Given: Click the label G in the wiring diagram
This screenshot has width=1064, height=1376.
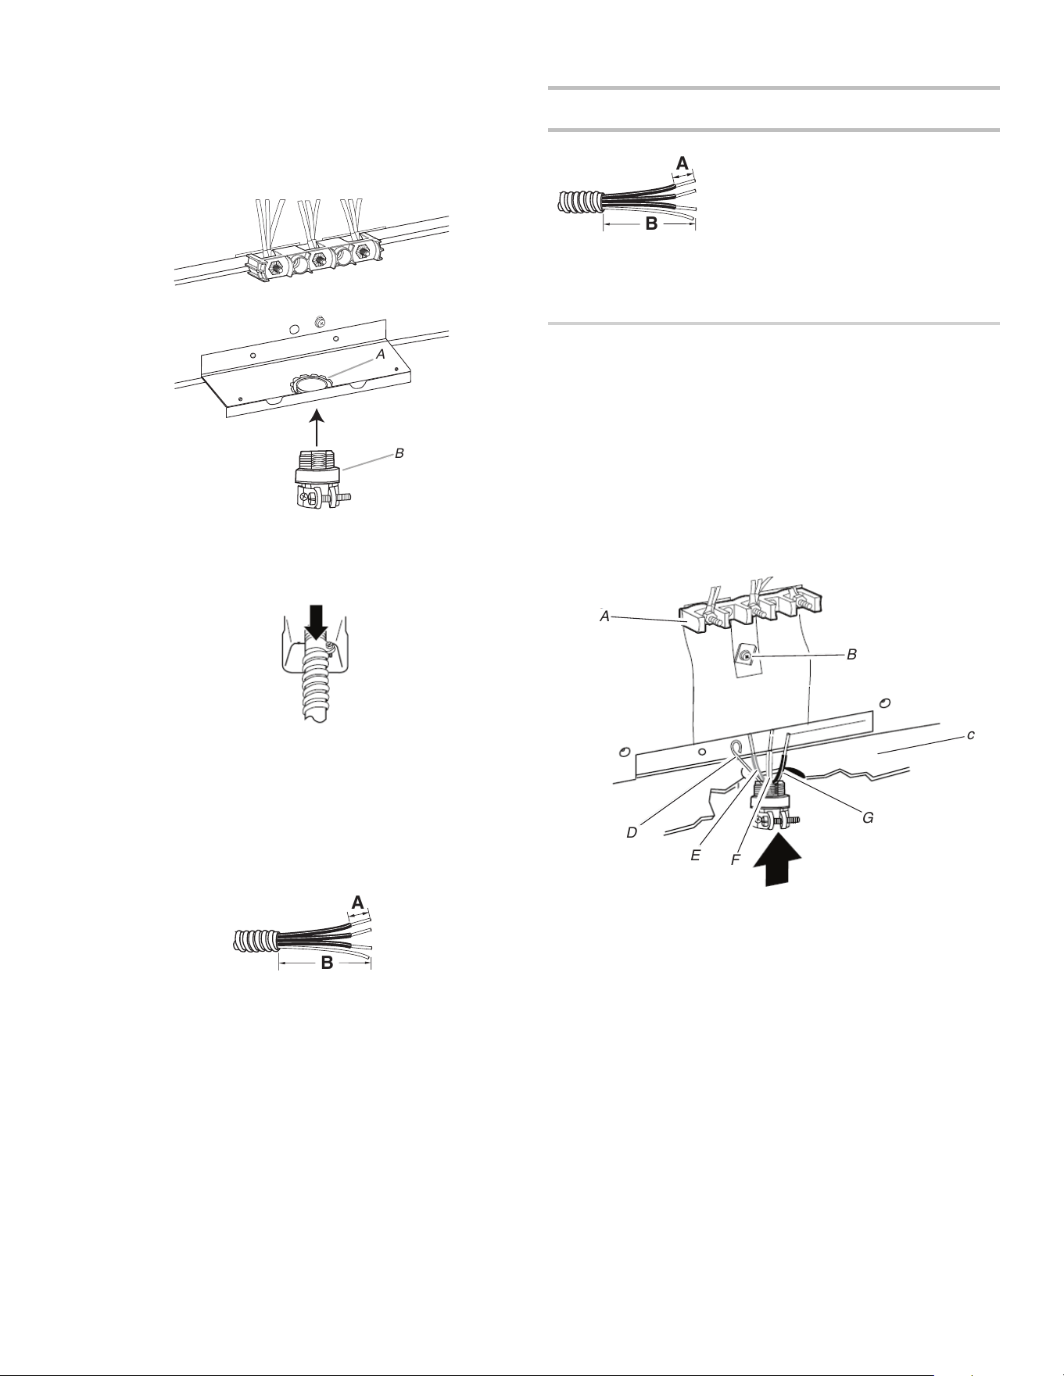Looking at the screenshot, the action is [868, 818].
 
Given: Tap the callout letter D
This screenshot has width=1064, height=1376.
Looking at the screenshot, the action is [632, 834].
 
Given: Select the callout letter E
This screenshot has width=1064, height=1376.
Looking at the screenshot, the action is [695, 856].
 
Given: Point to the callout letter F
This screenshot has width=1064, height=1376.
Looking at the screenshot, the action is [736, 860].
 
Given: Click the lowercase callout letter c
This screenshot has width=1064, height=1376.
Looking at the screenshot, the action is [970, 735].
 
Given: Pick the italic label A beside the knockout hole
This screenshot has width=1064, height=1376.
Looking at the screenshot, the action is [381, 354].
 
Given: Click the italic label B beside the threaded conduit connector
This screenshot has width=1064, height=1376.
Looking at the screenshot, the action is [399, 453].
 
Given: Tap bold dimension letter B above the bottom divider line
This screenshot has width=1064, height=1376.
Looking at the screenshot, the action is [651, 224].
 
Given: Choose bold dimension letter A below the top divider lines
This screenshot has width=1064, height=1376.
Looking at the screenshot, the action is [682, 163].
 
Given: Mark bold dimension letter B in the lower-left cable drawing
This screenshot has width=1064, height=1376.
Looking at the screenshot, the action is [328, 963].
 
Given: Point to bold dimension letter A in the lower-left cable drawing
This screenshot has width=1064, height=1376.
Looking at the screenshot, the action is [357, 902].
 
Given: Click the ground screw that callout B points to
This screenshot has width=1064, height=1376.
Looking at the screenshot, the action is [747, 658].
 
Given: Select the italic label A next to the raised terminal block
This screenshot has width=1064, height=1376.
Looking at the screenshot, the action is [604, 616].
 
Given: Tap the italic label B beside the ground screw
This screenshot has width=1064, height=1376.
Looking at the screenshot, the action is [852, 654].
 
